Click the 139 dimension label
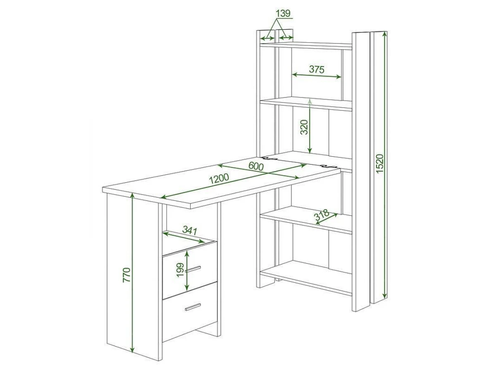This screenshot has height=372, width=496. click(x=283, y=13)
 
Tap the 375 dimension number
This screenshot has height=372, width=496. click(x=317, y=69)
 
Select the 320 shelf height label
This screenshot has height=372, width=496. click(x=304, y=127)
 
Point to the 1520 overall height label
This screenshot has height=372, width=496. click(x=379, y=163)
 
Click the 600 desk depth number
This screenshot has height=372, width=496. click(x=256, y=166)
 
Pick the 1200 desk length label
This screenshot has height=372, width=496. click(x=219, y=179)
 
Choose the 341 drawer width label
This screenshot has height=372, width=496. click(x=190, y=230)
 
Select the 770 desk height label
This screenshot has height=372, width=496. click(x=126, y=275)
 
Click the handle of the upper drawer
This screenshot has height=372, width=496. click(x=193, y=269)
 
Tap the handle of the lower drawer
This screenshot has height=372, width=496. click(x=193, y=307)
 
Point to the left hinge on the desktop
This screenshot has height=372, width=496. click(x=270, y=158)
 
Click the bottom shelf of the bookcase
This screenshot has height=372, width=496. click(x=306, y=278)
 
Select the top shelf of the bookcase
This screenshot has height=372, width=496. click(x=306, y=45)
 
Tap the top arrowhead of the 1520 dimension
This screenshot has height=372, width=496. click(x=384, y=35)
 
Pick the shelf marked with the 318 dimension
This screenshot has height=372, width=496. click(x=306, y=220)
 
